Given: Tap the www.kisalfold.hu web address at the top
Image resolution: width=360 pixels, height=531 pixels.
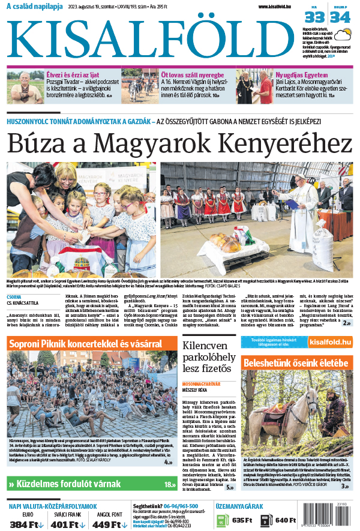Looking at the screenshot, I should click(x=279, y=7).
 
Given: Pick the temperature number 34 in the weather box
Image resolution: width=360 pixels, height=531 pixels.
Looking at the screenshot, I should click(x=340, y=17).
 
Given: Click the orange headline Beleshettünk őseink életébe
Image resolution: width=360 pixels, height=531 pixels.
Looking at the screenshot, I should click(x=296, y=363).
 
